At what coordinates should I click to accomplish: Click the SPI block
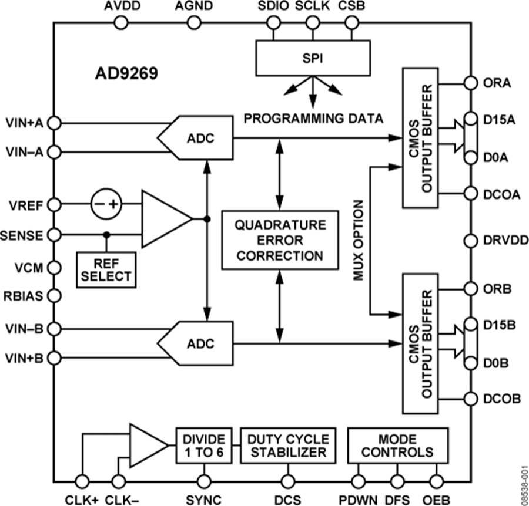pos(313,59)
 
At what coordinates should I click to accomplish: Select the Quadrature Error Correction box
pos(280,239)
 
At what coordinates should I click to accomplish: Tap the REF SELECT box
pos(106,269)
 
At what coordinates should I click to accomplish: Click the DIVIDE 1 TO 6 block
pos(203,446)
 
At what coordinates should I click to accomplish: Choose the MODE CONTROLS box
pos(397,446)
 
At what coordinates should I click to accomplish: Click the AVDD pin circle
pos(120,23)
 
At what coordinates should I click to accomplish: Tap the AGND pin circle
pos(195,23)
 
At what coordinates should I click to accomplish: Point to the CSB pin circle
pos(351,23)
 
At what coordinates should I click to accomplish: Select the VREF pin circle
pos(53,205)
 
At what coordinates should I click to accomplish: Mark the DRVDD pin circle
pos(470,240)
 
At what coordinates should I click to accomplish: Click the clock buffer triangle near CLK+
pos(147,446)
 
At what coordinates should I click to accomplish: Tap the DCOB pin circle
pos(470,399)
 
